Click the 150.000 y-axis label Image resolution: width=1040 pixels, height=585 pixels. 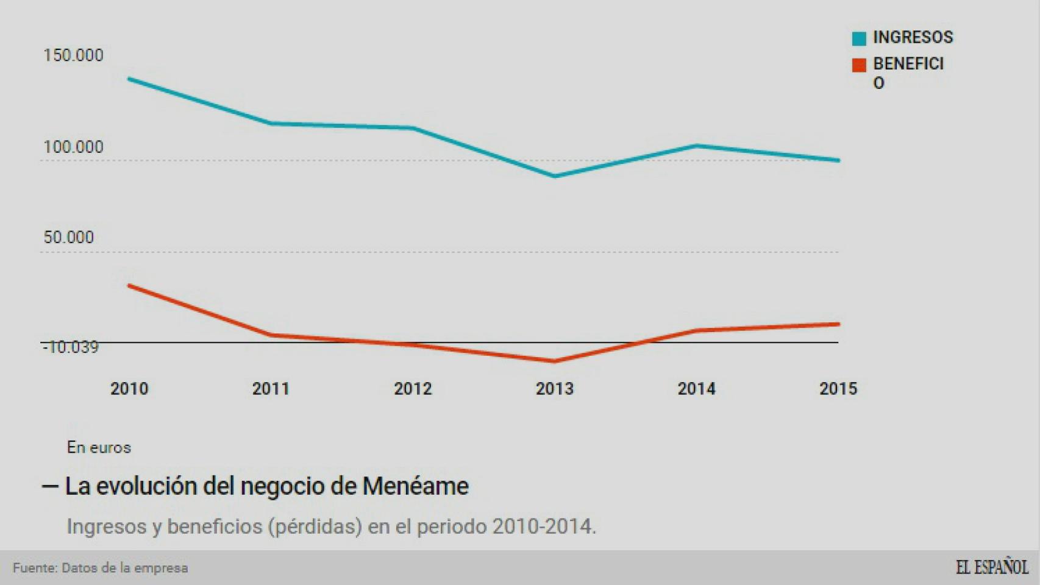coord(73,55)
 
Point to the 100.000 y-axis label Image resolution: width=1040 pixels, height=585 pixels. coord(73,147)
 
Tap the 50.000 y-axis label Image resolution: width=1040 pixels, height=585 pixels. coord(68,237)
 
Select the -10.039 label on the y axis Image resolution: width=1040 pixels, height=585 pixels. coord(70,347)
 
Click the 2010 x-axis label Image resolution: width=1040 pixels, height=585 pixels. coord(129,389)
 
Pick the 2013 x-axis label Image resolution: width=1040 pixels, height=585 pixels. coord(555,389)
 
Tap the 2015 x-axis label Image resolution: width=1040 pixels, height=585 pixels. coord(838,389)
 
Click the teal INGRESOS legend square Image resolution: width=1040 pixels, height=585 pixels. coord(859,38)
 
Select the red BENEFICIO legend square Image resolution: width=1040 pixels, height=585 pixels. coord(859,65)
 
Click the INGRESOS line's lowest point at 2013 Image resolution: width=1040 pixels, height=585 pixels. coord(555,176)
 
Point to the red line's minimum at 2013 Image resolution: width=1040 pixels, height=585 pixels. coord(555,361)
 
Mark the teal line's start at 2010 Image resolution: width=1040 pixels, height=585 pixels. coord(129,79)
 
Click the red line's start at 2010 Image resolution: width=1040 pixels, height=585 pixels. coord(129,285)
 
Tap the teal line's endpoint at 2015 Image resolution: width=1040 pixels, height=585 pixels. coord(838,160)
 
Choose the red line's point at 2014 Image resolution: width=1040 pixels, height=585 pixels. coord(696,330)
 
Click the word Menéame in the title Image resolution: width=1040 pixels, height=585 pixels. coord(415,486)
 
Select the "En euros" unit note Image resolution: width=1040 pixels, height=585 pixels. coord(99,447)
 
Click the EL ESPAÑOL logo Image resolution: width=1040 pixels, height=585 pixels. coord(991,567)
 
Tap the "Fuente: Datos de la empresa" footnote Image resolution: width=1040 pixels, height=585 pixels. coord(101,568)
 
